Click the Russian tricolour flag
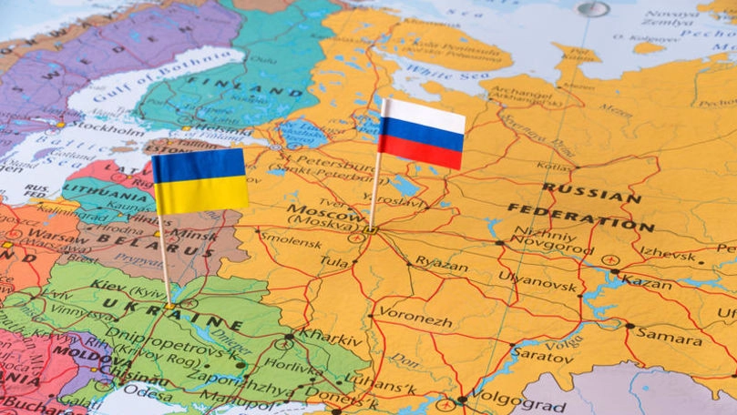(422, 134)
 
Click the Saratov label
(542, 353)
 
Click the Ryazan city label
(441, 262)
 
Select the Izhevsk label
(667, 250)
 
